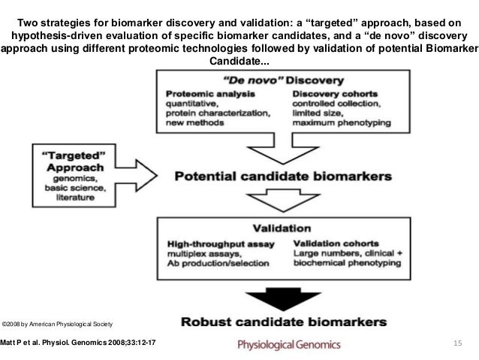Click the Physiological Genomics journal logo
click(x=289, y=345)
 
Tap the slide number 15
click(x=455, y=344)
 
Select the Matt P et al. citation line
click(x=80, y=344)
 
